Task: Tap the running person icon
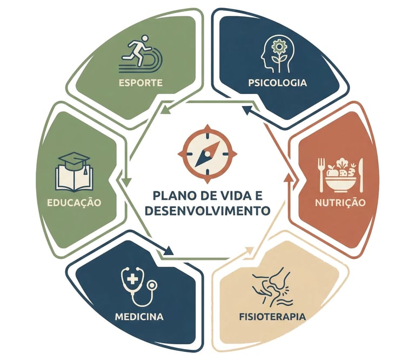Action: (x=140, y=52)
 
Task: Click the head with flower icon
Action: (x=277, y=52)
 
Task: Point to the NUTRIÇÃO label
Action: (x=340, y=202)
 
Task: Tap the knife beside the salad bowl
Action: (x=361, y=174)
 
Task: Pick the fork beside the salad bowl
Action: (x=322, y=174)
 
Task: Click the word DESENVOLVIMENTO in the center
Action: (x=207, y=210)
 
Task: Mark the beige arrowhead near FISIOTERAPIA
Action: (x=249, y=250)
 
